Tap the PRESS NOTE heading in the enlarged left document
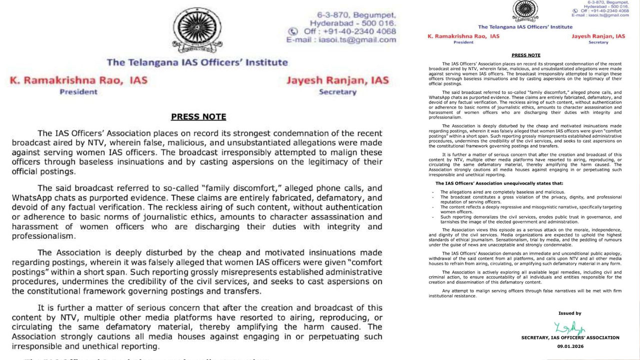(198, 117)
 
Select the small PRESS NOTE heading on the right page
(525, 55)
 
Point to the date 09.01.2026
(570, 345)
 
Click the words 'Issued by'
(569, 313)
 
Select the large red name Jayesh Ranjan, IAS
(337, 80)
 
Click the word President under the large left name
(78, 92)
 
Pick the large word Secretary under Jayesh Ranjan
(337, 92)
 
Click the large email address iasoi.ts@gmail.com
(357, 40)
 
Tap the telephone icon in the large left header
(293, 31)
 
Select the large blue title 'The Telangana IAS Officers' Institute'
(197, 62)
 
